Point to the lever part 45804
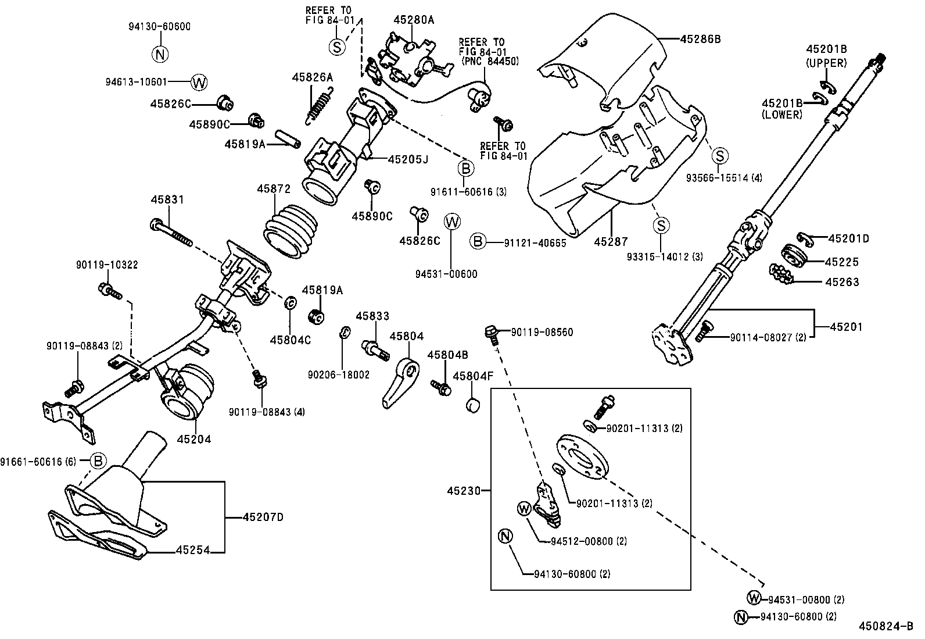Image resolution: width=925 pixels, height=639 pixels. pyautogui.click(x=402, y=384)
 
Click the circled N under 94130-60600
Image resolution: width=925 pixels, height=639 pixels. pyautogui.click(x=160, y=54)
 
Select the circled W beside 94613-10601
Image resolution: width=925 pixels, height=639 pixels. pyautogui.click(x=199, y=82)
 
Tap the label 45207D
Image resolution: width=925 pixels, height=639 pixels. pyautogui.click(x=263, y=516)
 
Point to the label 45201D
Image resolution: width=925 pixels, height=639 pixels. pyautogui.click(x=848, y=238)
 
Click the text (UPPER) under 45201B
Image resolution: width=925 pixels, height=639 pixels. pyautogui.click(x=826, y=62)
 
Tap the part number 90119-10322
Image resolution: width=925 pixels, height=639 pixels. pyautogui.click(x=107, y=265)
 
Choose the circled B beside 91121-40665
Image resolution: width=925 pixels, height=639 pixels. pyautogui.click(x=477, y=241)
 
